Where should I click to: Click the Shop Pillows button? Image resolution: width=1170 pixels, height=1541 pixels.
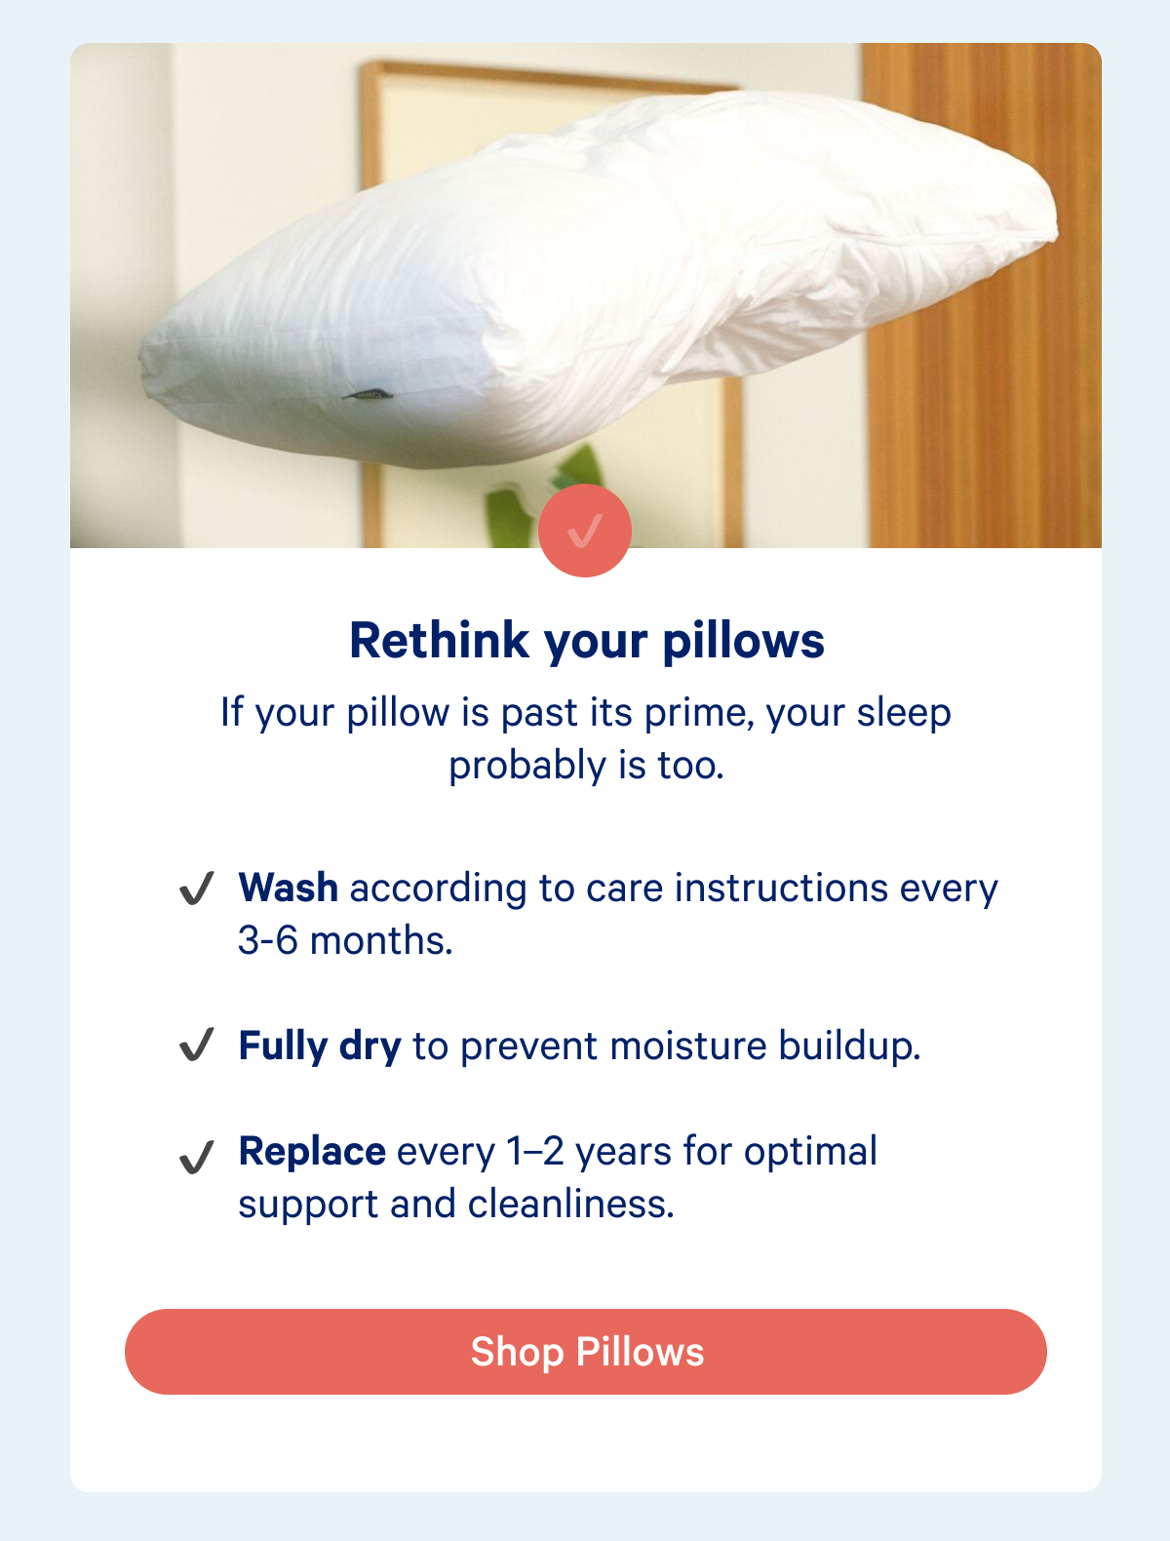coord(585,1352)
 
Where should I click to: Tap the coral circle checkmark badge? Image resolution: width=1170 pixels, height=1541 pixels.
coord(585,531)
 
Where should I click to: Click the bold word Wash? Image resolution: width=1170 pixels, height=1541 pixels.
coord(289,889)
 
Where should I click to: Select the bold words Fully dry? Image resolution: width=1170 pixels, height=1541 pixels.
coord(320,1047)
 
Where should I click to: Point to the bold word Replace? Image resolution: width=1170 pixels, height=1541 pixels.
coord(312,1152)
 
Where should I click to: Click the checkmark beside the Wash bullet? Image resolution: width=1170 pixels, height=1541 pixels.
coord(196,889)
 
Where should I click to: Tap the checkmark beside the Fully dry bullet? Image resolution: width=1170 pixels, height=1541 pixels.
coord(196,1046)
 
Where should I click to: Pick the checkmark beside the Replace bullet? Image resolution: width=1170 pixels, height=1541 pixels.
coord(196,1157)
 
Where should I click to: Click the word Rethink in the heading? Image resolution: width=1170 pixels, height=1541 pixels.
coord(440,642)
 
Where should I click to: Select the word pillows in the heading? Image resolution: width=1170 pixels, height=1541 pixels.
coord(744,642)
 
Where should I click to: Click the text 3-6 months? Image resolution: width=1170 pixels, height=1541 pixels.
coord(345,941)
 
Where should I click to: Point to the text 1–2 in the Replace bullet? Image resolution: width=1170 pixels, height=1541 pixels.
coord(535,1152)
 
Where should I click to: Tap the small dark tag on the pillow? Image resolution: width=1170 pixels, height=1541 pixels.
coord(367,395)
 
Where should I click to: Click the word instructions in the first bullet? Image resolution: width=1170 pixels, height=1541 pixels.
coord(781,889)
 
